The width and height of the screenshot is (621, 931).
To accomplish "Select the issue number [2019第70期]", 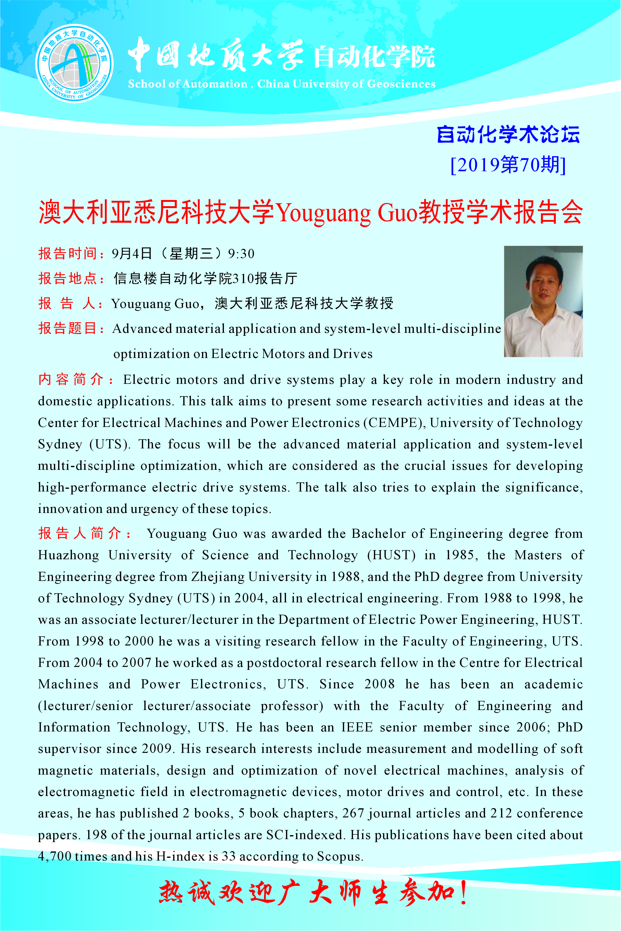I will [508, 165].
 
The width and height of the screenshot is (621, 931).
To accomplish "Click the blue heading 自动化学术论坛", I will [508, 135].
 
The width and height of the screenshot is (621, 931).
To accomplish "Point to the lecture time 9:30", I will [241, 254].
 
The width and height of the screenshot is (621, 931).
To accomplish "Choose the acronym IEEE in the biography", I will [357, 727].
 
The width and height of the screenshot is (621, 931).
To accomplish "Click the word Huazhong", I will [68, 555].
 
